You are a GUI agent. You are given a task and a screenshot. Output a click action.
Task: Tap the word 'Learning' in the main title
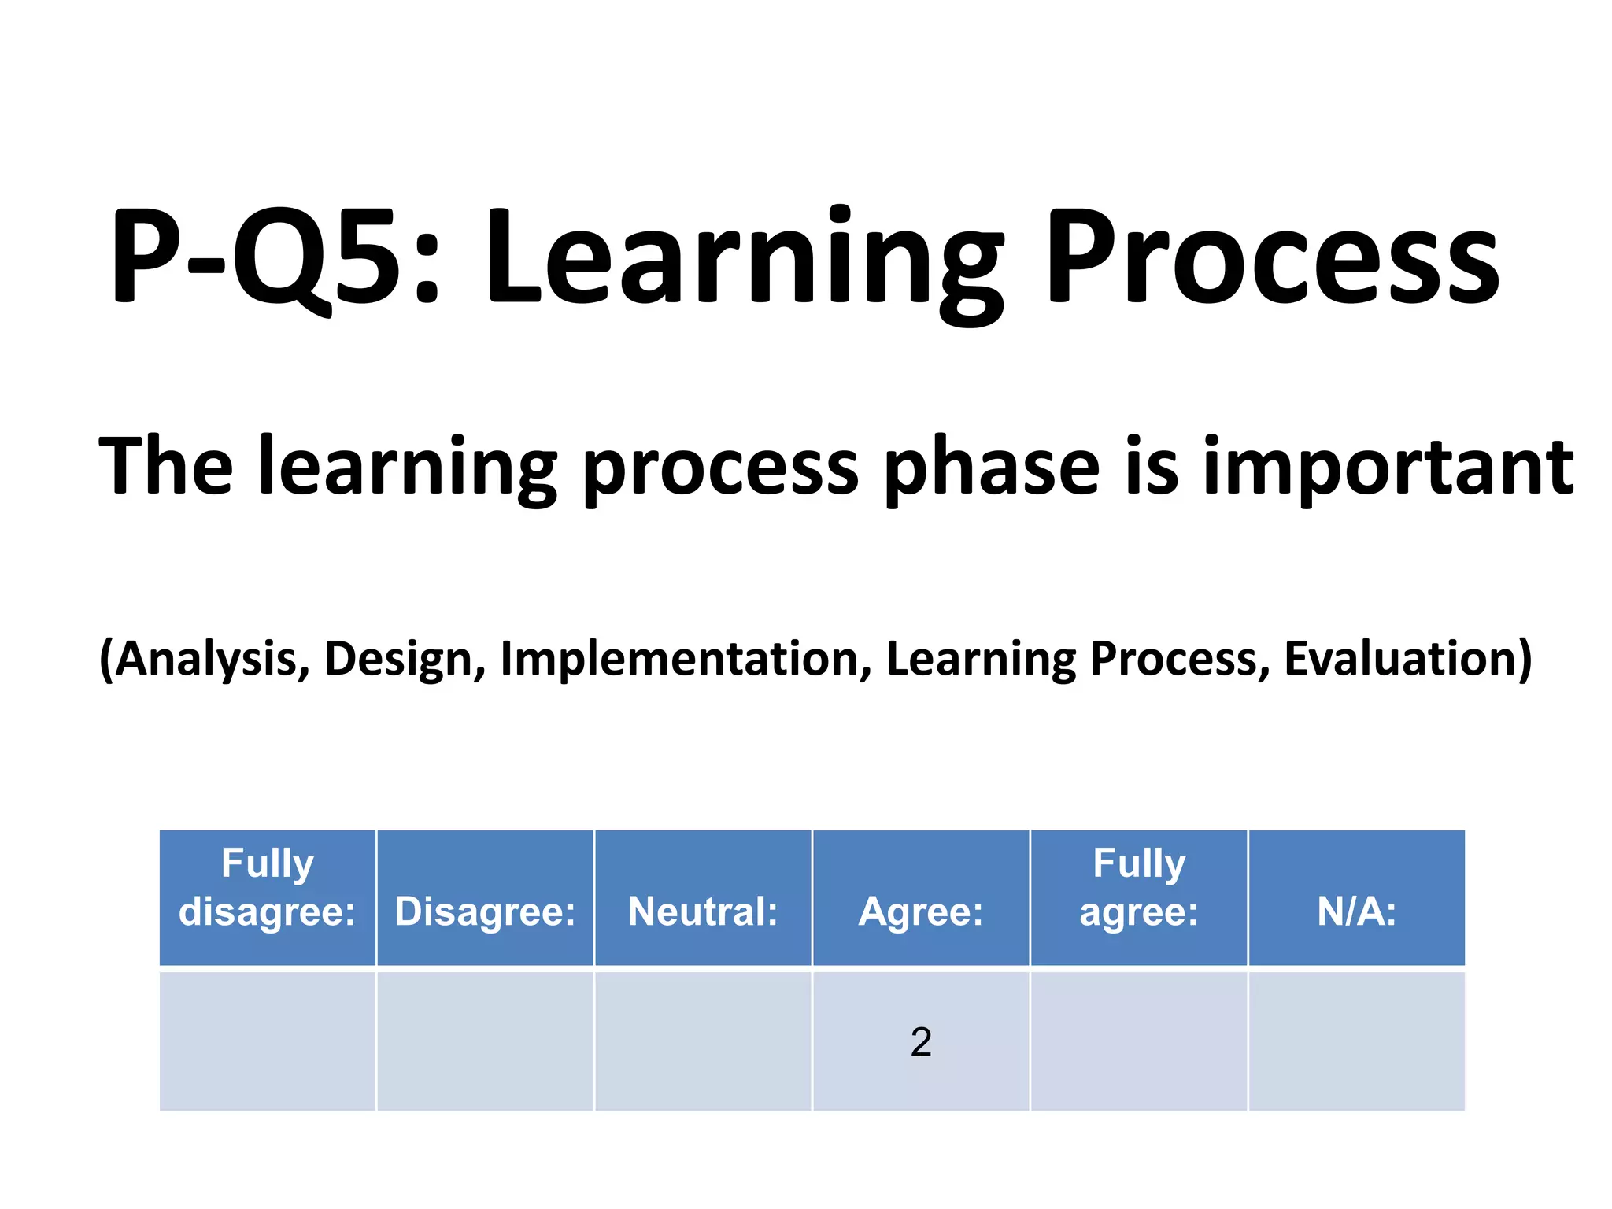click(x=744, y=260)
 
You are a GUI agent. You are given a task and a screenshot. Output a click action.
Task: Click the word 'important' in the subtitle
click(x=1388, y=467)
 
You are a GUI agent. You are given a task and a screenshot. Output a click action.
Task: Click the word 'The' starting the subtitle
click(x=166, y=466)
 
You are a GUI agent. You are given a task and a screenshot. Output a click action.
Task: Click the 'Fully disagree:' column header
click(x=268, y=888)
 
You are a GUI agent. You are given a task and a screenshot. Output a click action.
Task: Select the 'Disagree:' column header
click(x=485, y=911)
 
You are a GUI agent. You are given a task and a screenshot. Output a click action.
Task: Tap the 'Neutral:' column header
click(x=703, y=911)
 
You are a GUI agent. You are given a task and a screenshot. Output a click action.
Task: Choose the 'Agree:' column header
click(x=921, y=911)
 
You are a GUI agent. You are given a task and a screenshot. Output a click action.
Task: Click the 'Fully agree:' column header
click(x=1139, y=888)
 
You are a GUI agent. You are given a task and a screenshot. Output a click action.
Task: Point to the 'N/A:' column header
click(x=1357, y=911)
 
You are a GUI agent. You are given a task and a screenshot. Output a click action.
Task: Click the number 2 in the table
click(x=921, y=1042)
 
